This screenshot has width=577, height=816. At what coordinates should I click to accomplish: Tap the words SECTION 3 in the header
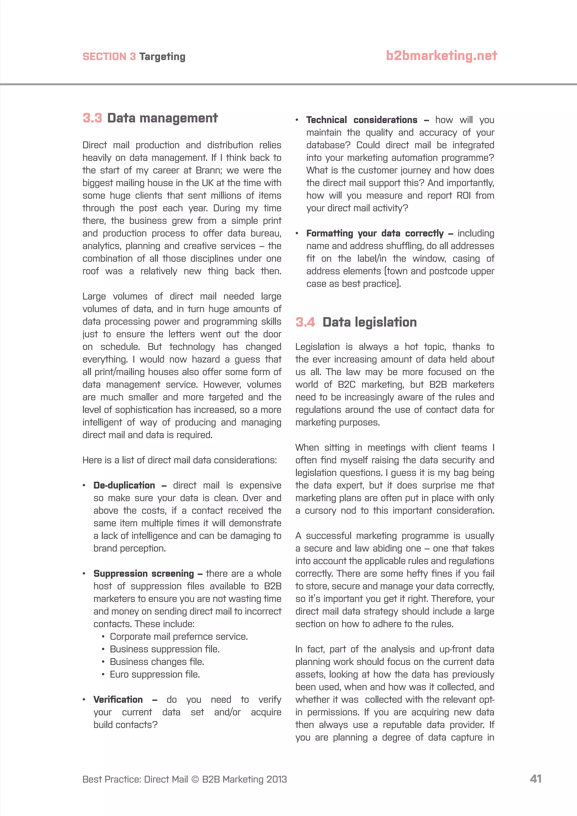pos(109,57)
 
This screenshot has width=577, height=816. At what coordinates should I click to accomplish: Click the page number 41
pos(535,779)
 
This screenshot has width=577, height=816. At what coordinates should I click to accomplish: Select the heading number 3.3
pos(92,118)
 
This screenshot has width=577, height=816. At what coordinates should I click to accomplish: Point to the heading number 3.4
pos(305,322)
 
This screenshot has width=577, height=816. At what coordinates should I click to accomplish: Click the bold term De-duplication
pos(124,485)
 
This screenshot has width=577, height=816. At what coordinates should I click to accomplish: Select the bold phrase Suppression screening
pos(143,574)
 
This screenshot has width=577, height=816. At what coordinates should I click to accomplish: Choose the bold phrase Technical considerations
pos(362,120)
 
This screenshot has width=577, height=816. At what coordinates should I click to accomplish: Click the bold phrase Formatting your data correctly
pos(375,234)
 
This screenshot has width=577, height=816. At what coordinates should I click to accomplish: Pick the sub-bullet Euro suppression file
pos(155,675)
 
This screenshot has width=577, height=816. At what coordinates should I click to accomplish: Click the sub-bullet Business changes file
pos(157,662)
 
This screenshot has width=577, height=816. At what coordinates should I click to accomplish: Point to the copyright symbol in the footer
pos(195,779)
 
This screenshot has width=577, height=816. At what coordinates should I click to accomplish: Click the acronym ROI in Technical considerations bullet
pos(464,196)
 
